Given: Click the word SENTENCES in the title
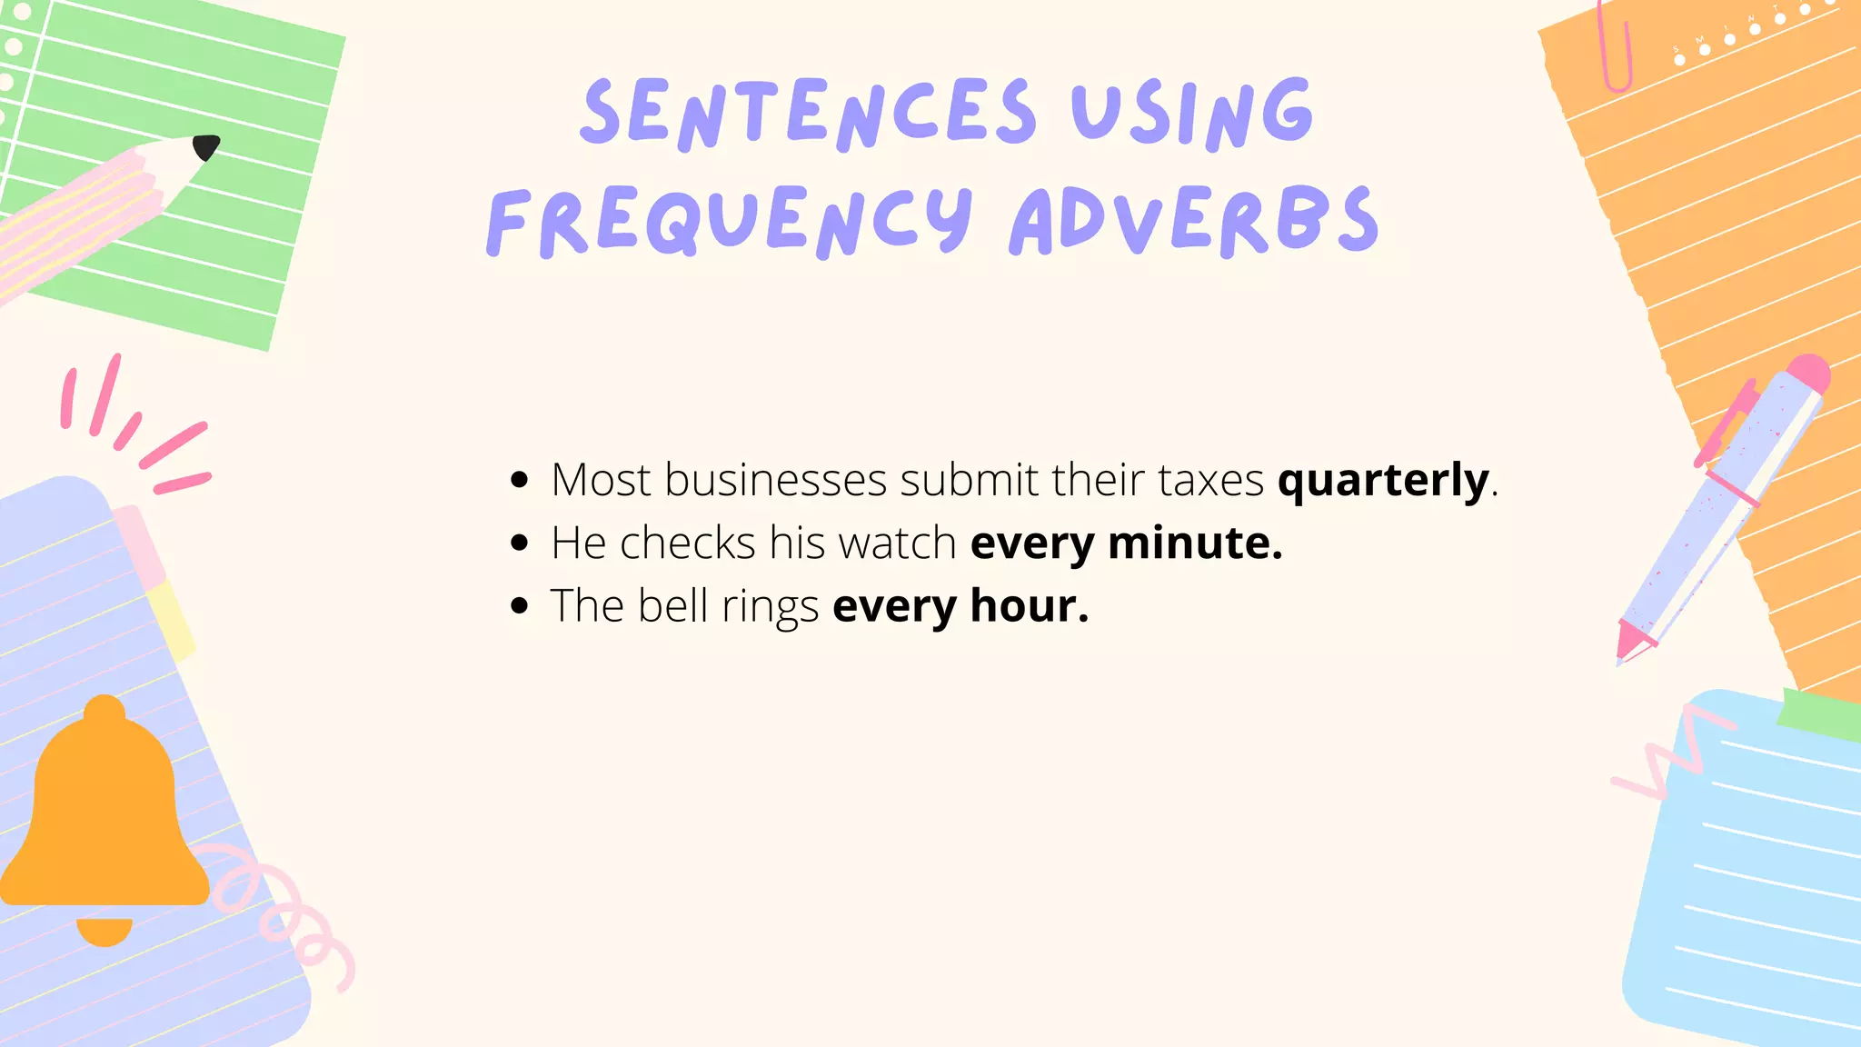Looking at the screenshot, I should [808, 114].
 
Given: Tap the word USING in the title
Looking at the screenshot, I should [1191, 114].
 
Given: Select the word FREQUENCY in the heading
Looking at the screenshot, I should [730, 221].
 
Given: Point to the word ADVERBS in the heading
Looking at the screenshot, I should [1194, 221].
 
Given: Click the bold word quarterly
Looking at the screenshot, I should [1383, 481].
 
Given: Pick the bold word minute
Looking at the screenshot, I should [1195, 543].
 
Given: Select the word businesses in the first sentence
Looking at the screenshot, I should [775, 480].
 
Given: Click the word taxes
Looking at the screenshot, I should [1210, 480].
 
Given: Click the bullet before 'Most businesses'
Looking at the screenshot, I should [520, 480].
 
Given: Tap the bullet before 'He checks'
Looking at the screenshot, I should [520, 543].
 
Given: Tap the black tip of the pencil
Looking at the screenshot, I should [206, 146].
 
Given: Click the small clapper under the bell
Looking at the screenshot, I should [104, 931].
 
